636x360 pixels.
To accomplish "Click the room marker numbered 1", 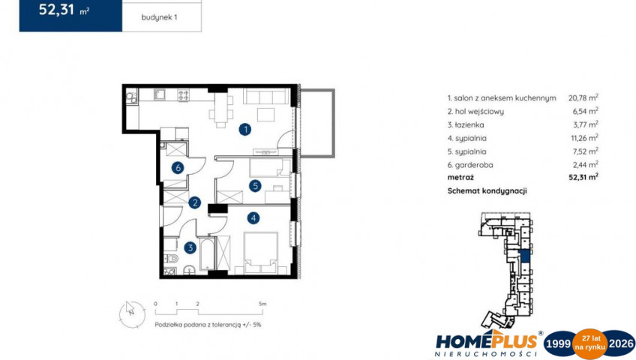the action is (244, 130).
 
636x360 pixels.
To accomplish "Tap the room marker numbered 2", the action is (195, 202).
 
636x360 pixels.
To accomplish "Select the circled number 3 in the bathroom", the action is (190, 247).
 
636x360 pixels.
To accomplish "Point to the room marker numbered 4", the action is (253, 218).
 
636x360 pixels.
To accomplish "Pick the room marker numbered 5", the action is (255, 186).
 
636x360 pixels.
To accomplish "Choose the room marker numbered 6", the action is (178, 167).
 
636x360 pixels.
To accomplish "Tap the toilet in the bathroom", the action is (172, 258).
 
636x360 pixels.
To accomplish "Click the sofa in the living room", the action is (265, 97).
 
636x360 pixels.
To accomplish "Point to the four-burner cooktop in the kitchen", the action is (183, 95).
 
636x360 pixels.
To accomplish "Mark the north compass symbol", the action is (132, 314).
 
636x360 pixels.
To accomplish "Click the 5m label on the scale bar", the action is (262, 304).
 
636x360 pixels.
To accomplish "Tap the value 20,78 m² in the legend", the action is (583, 97).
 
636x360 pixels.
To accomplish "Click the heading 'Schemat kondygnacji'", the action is (487, 191).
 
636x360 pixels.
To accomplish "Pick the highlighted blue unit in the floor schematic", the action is (525, 256).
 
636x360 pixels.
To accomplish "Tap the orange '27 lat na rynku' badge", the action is (589, 344).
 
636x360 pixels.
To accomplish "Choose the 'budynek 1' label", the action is (159, 17).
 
